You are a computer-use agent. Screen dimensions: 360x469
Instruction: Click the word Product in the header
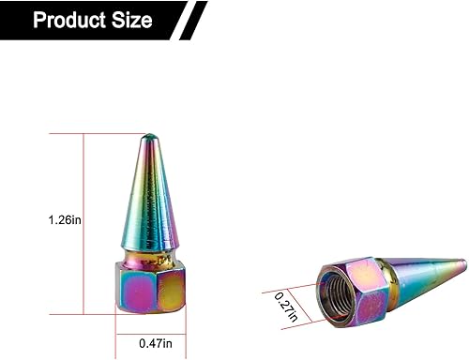[x=74, y=20]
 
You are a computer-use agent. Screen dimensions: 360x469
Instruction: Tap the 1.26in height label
[x=65, y=220]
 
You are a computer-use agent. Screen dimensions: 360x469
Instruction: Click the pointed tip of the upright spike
[x=147, y=138]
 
